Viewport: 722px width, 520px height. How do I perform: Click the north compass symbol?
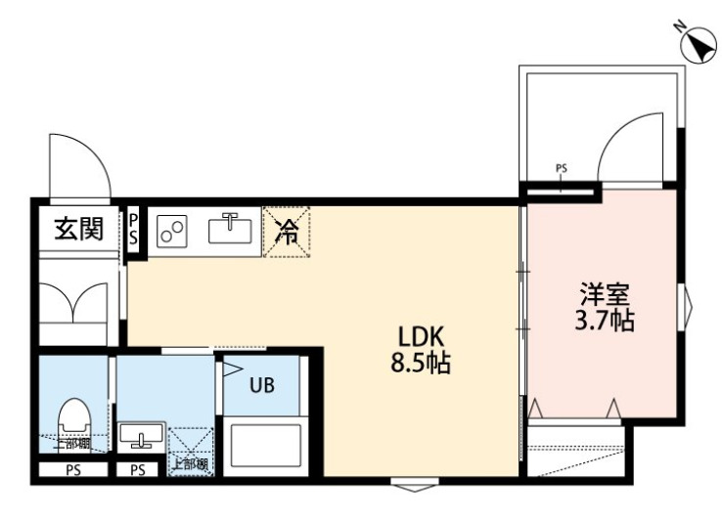click(699, 43)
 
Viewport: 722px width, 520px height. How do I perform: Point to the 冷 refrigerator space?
click(288, 231)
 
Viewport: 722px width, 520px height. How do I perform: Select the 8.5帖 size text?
click(415, 366)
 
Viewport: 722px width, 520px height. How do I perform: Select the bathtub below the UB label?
click(267, 444)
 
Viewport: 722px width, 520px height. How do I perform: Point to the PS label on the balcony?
click(561, 168)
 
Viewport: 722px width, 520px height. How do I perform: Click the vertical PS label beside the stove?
click(134, 230)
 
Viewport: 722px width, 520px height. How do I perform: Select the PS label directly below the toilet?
click(72, 470)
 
